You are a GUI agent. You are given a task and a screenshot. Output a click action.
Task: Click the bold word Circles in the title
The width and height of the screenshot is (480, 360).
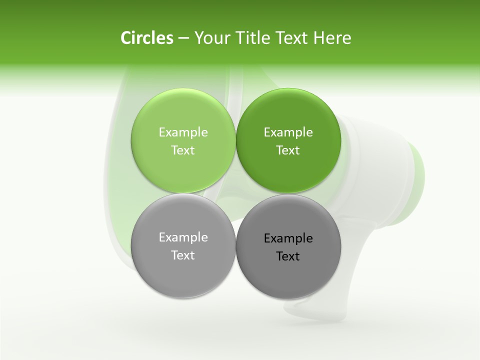coord(146,38)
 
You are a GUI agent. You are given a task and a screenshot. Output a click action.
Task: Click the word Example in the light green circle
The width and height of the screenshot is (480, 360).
coord(183,132)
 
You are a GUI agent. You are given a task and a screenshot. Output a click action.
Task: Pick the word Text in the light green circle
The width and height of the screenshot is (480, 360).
coord(183,150)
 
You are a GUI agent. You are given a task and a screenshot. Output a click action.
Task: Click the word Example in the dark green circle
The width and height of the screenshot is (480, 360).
coord(288,132)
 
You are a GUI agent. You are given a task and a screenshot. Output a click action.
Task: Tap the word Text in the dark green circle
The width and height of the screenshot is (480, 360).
coord(288,150)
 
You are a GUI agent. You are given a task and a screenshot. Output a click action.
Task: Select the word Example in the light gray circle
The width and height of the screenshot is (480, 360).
coord(183,237)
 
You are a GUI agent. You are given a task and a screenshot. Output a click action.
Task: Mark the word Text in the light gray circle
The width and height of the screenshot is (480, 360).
coord(183,255)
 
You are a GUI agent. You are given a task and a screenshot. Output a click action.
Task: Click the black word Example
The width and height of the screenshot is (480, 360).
coord(288,238)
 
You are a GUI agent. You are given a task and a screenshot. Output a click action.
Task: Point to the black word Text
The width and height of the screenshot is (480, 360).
coord(288,256)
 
